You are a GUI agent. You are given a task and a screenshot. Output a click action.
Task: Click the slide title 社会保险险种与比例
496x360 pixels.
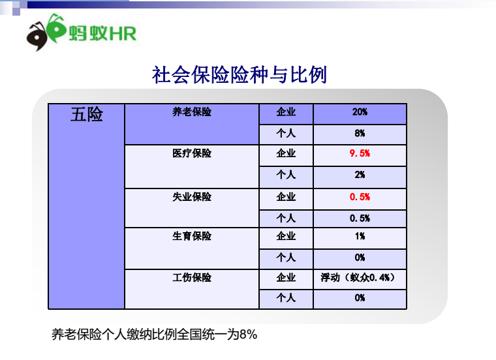(239, 75)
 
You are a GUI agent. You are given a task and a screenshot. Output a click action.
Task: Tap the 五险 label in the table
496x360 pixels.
(87, 114)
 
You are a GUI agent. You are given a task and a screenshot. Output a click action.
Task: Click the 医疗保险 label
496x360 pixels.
(192, 153)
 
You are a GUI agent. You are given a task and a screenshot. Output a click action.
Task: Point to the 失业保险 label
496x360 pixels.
(192, 197)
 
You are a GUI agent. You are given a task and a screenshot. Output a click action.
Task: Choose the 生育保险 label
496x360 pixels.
(192, 236)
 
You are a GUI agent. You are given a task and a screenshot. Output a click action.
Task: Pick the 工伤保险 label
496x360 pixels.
(192, 278)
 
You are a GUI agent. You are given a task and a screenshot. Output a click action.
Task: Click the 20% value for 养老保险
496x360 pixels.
(360, 112)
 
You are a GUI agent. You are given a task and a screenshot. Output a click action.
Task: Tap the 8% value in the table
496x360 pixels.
(360, 134)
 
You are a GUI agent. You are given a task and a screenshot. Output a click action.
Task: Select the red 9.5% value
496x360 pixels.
(360, 153)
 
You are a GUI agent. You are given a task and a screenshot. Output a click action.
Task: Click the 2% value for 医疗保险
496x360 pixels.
(360, 175)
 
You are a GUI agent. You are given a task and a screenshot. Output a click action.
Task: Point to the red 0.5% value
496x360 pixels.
(360, 197)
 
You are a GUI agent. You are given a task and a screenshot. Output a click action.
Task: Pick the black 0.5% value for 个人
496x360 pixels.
(360, 218)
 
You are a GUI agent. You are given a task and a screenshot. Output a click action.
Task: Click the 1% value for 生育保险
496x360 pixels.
(360, 236)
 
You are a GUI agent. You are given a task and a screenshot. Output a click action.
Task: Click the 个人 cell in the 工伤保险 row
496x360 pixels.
(286, 298)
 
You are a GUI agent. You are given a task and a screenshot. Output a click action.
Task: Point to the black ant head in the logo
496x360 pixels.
(37, 37)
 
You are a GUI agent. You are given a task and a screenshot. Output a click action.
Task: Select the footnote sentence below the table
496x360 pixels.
(155, 335)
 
